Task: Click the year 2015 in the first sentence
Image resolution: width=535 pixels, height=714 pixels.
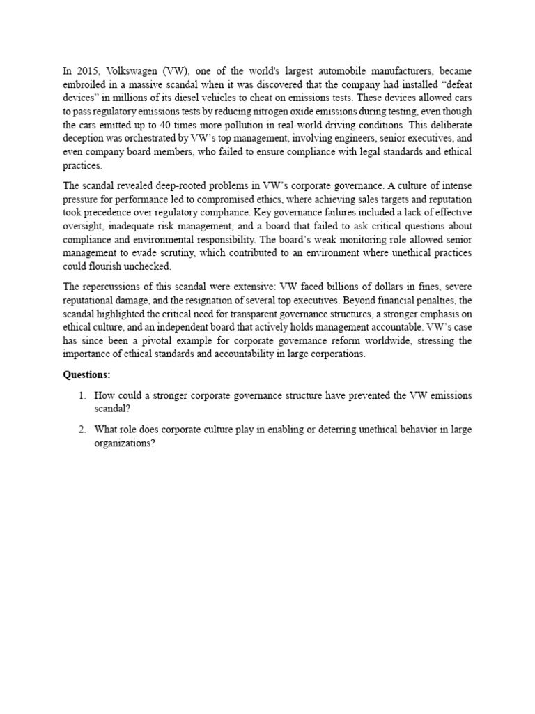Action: pos(85,70)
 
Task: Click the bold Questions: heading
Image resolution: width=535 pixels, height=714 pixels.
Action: pos(87,374)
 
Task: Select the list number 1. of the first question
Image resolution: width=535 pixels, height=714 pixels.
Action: pos(82,395)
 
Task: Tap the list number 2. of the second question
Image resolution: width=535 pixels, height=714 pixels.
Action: pos(82,429)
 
